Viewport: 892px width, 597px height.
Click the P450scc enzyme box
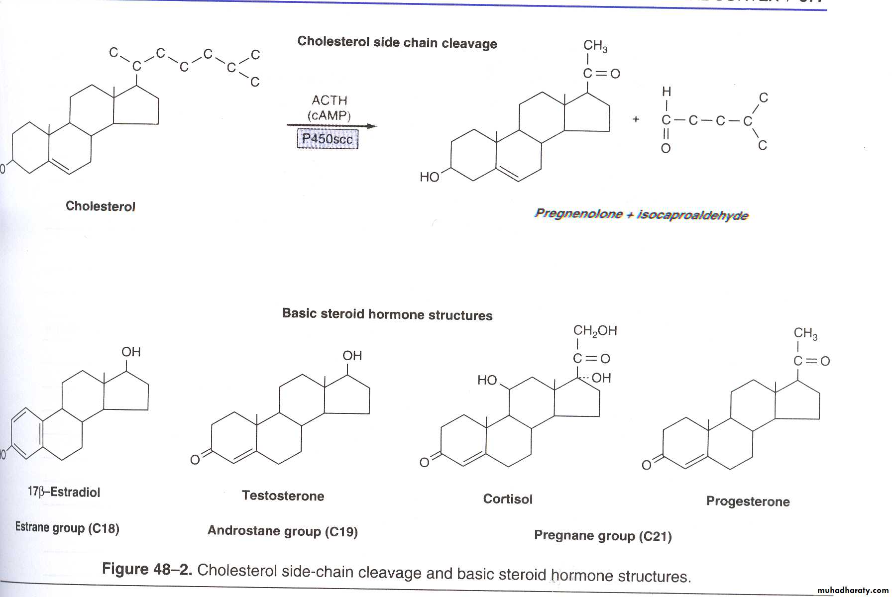pos(327,138)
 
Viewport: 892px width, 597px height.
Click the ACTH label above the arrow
pos(329,100)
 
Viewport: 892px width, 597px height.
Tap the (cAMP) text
pos(329,115)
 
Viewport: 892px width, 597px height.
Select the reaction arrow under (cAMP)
pos(331,126)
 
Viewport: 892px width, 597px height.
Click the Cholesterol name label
pos(100,206)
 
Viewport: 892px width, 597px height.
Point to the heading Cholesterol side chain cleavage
pos(397,43)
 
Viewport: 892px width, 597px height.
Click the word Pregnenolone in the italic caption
pos(578,214)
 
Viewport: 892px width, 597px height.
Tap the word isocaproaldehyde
pos(692,215)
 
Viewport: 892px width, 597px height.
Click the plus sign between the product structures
pos(636,119)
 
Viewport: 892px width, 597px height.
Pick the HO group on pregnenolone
pos(429,177)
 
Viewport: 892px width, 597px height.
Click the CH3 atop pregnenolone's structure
pos(595,46)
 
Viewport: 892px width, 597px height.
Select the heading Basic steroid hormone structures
pos(387,314)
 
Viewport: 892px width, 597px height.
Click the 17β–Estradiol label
pos(64,492)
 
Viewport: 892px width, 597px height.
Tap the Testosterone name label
pos(283,496)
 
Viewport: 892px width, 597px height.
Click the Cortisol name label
pos(507,499)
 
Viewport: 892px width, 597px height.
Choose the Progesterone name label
pos(748,501)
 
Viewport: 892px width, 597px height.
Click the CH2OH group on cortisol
pos(595,331)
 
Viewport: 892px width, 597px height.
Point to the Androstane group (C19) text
pos(282,531)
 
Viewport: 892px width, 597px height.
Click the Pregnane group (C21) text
pos(603,536)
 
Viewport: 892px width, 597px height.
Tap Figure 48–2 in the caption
pos(147,569)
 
